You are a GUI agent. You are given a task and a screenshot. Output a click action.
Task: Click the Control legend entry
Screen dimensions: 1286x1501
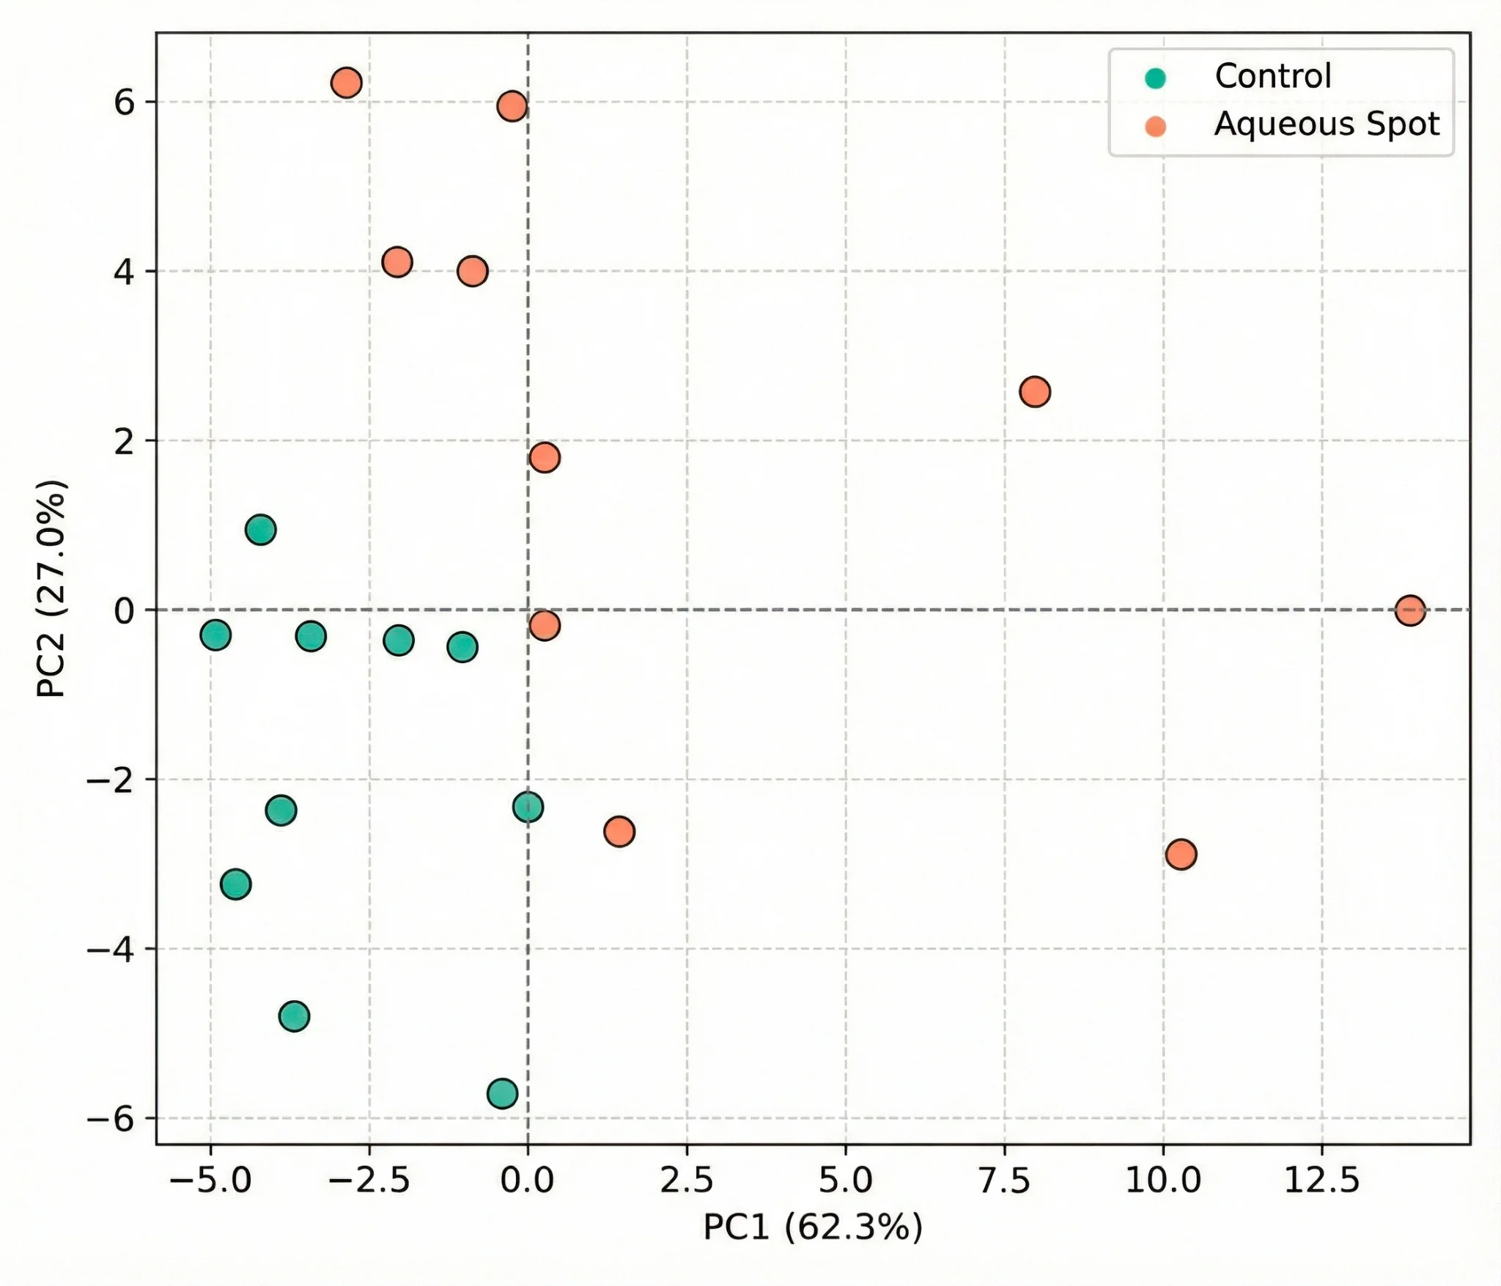click(x=1272, y=77)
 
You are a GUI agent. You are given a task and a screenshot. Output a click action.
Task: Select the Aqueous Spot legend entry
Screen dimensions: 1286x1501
click(x=1326, y=125)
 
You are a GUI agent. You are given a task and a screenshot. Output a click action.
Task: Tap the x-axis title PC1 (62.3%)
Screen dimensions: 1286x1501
click(x=812, y=1227)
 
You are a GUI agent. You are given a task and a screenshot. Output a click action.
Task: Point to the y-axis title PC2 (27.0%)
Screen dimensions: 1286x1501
click(x=52, y=588)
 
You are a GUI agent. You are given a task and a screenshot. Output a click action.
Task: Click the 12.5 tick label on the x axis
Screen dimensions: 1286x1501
click(x=1321, y=1180)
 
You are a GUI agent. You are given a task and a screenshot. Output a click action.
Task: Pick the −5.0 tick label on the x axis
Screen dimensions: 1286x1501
click(x=210, y=1180)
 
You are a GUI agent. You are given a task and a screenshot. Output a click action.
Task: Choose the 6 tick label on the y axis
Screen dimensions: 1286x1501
click(x=124, y=103)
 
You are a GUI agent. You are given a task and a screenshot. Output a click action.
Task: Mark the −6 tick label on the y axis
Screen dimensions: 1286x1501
click(x=111, y=1119)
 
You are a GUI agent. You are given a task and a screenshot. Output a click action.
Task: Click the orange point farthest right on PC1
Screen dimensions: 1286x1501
click(x=1410, y=610)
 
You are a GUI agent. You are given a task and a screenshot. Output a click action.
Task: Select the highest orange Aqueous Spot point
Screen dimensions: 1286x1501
click(x=346, y=83)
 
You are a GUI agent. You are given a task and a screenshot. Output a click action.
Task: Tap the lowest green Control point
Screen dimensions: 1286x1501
click(x=502, y=1094)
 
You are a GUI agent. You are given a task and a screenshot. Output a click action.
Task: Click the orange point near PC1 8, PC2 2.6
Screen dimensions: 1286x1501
click(x=1034, y=392)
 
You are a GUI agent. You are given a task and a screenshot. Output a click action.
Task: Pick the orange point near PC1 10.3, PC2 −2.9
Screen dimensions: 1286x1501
click(x=1181, y=854)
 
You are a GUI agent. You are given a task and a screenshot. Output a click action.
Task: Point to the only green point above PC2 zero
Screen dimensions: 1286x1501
click(x=260, y=529)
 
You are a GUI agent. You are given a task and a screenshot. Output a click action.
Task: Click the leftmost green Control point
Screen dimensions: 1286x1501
click(x=215, y=635)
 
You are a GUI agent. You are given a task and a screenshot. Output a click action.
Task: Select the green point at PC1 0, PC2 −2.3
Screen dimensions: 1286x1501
click(x=528, y=808)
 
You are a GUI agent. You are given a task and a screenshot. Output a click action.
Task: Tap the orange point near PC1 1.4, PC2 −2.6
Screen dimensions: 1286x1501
click(x=619, y=832)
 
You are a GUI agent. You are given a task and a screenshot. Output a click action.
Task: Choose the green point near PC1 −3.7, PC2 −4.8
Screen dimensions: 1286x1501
click(x=294, y=1016)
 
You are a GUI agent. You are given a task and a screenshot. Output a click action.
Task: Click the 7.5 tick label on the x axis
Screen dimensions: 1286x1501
click(x=1004, y=1180)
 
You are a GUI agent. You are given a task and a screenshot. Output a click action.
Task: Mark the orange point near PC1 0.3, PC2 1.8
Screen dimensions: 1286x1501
click(x=544, y=457)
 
